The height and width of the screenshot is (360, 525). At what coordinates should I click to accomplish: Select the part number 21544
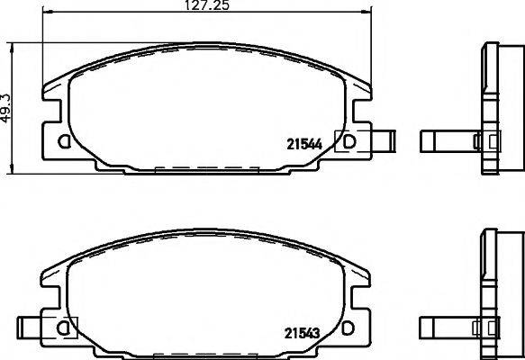coord(303,141)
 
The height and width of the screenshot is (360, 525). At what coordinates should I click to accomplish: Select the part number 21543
coord(303,332)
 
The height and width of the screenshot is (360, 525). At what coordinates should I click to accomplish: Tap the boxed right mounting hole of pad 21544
coord(347,140)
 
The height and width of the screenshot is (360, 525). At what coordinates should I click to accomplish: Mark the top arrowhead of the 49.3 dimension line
coord(11,44)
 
